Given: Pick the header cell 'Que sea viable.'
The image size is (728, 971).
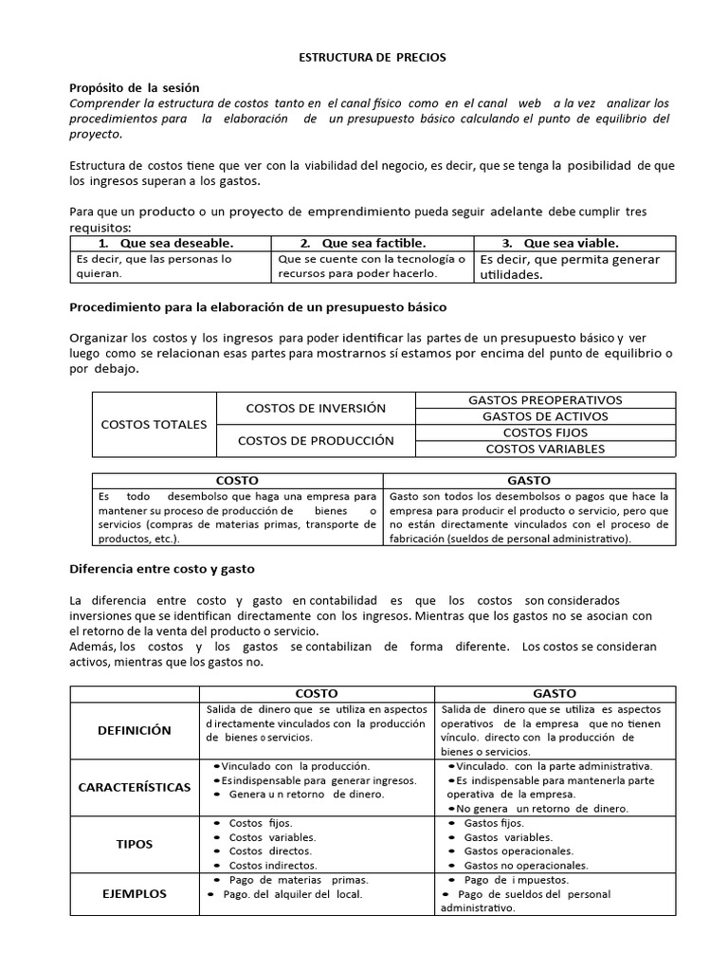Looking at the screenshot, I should (574, 243).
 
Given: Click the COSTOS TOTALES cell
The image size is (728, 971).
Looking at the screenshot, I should (154, 424).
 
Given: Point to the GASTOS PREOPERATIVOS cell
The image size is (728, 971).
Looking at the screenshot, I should (545, 400).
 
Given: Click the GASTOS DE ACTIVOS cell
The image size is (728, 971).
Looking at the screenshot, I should (545, 416).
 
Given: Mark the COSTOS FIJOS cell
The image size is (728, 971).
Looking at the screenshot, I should (545, 432).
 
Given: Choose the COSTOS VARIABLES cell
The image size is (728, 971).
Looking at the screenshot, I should (545, 449).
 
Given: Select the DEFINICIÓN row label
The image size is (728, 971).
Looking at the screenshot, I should (135, 730).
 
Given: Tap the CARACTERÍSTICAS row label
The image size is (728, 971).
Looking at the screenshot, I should (135, 787).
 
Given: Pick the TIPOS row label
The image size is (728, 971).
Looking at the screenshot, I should (135, 844).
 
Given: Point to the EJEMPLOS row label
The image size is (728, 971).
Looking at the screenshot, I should (135, 893).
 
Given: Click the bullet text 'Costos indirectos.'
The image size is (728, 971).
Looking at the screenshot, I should (274, 866).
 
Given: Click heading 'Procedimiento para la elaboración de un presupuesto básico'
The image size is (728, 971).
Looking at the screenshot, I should (258, 308).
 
